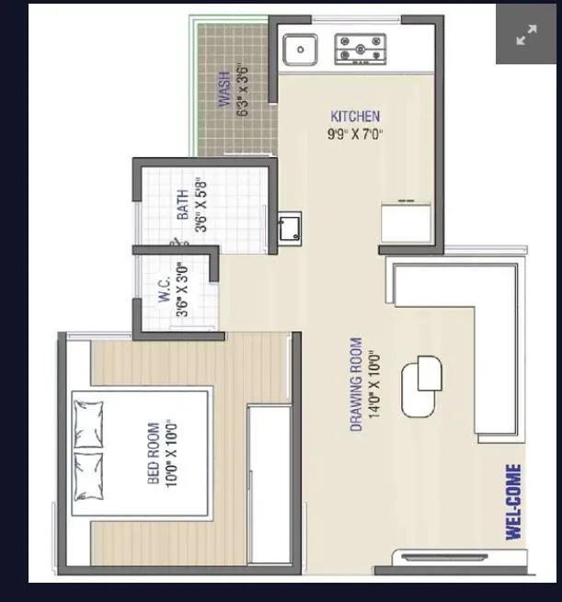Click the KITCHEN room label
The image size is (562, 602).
pyautogui.click(x=355, y=117)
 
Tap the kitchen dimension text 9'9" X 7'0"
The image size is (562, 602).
pyautogui.click(x=355, y=134)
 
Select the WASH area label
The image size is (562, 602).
pyautogui.click(x=224, y=93)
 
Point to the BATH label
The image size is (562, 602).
pyautogui.click(x=182, y=204)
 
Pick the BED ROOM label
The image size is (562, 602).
pyautogui.click(x=154, y=453)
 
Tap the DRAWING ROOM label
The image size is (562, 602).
pyautogui.click(x=356, y=385)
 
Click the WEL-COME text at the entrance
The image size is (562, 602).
pyautogui.click(x=513, y=502)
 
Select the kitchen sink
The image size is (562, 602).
pyautogui.click(x=300, y=49)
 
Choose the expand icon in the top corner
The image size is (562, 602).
pyautogui.click(x=526, y=35)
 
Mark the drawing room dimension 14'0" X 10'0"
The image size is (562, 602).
pyautogui.click(x=373, y=385)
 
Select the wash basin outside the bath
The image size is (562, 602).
pyautogui.click(x=289, y=226)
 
